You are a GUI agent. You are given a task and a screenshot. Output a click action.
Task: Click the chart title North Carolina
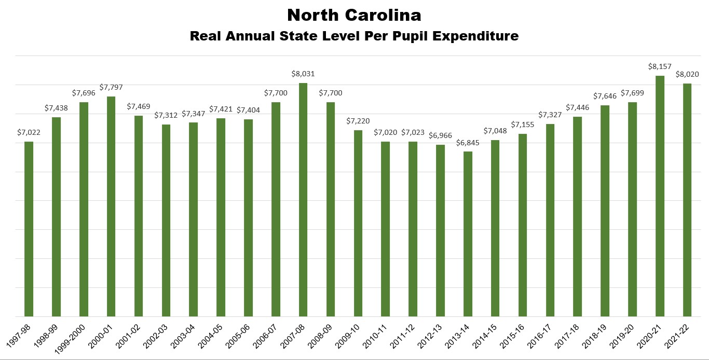[354, 15]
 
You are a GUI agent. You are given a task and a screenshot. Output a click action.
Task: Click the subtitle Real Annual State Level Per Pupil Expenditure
[354, 36]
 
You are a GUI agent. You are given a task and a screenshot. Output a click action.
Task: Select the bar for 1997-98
[29, 229]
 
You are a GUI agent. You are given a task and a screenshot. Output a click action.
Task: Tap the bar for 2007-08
[303, 200]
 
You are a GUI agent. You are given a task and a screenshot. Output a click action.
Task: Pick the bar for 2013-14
[468, 234]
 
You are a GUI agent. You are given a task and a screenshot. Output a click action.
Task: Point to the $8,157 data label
[660, 67]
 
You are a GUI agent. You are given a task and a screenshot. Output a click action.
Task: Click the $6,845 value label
[468, 143]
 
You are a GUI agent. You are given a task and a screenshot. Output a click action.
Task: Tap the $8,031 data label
[303, 74]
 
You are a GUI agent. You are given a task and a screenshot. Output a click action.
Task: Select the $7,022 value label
[29, 133]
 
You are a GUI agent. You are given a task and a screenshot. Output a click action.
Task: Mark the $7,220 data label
[358, 121]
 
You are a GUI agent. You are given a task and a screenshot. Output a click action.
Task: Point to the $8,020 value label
[687, 75]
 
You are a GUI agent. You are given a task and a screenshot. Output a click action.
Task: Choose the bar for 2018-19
[605, 211]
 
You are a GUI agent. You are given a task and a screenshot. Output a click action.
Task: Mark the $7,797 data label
[111, 88]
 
